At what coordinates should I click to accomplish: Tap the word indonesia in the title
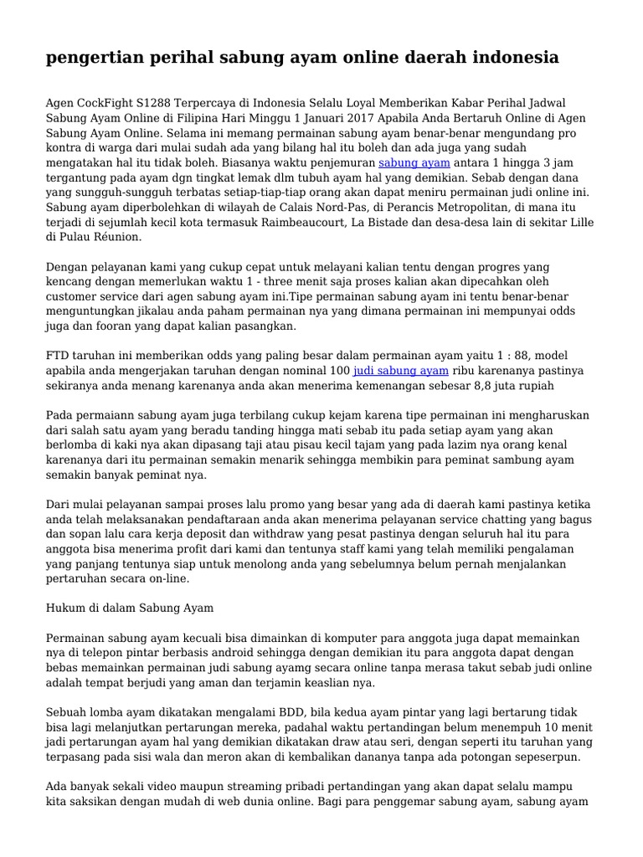510,58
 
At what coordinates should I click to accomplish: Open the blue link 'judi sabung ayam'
401,370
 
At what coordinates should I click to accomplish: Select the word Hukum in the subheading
65,608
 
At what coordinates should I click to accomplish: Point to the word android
237,653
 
